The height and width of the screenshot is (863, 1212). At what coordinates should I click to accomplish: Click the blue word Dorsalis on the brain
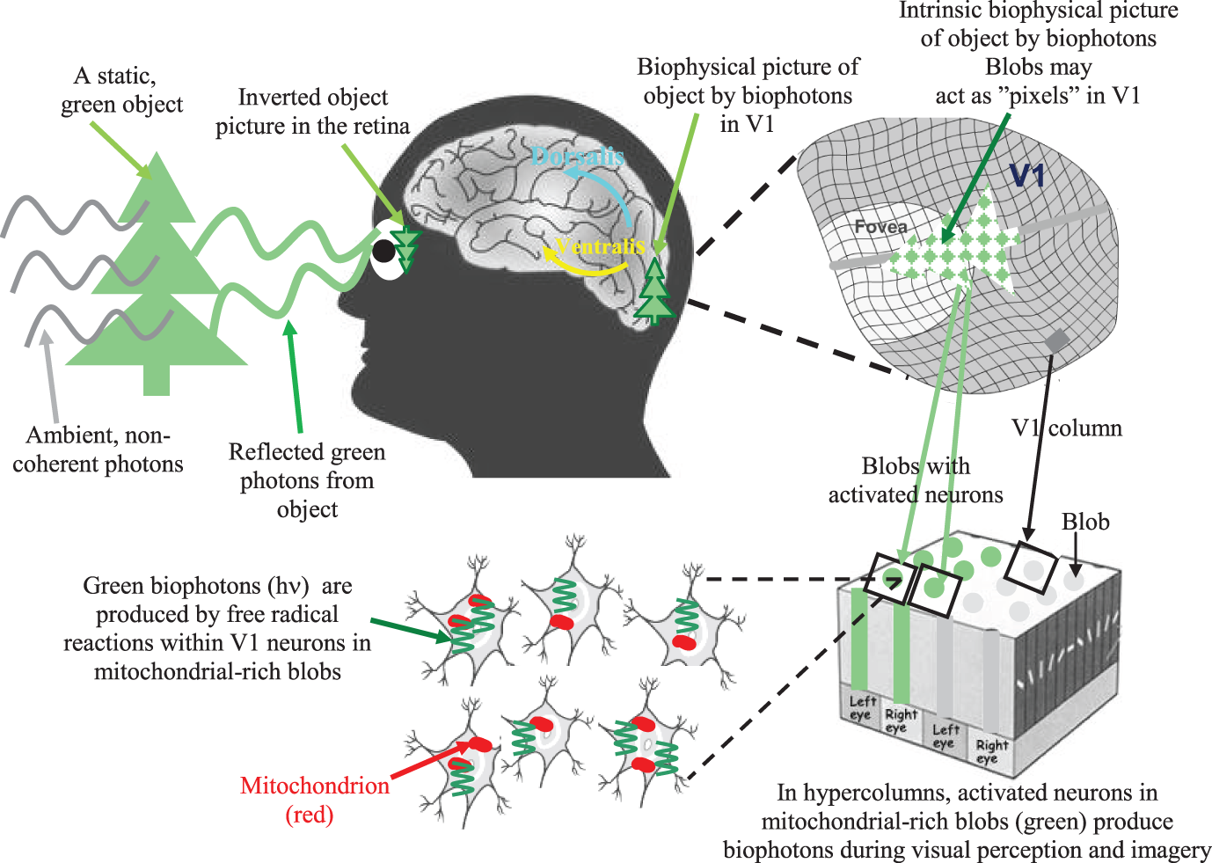pos(577,157)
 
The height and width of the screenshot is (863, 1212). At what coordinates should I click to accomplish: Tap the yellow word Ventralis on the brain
pos(602,246)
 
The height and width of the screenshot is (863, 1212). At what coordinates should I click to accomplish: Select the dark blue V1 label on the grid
pos(1026,177)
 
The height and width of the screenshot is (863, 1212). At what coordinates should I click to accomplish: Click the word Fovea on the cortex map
pos(880,227)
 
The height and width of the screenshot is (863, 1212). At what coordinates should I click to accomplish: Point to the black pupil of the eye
pos(383,252)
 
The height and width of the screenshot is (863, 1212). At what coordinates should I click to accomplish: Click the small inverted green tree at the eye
pos(406,250)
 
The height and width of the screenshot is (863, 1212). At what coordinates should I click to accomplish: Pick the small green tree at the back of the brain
pos(655,292)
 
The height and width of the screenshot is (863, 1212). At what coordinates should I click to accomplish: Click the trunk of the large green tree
pos(157,379)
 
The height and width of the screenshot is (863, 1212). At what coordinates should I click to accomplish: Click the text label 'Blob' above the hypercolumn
pos(1085,522)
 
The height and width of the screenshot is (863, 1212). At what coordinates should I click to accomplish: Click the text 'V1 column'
pos(1067,428)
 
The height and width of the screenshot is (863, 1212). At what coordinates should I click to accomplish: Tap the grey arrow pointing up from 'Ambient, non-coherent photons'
pos(51,378)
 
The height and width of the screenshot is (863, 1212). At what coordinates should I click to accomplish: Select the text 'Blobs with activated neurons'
pos(916,480)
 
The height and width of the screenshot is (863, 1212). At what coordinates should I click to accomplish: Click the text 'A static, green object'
pos(121,91)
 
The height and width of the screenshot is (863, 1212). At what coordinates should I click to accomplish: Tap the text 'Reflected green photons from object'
pos(307,480)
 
